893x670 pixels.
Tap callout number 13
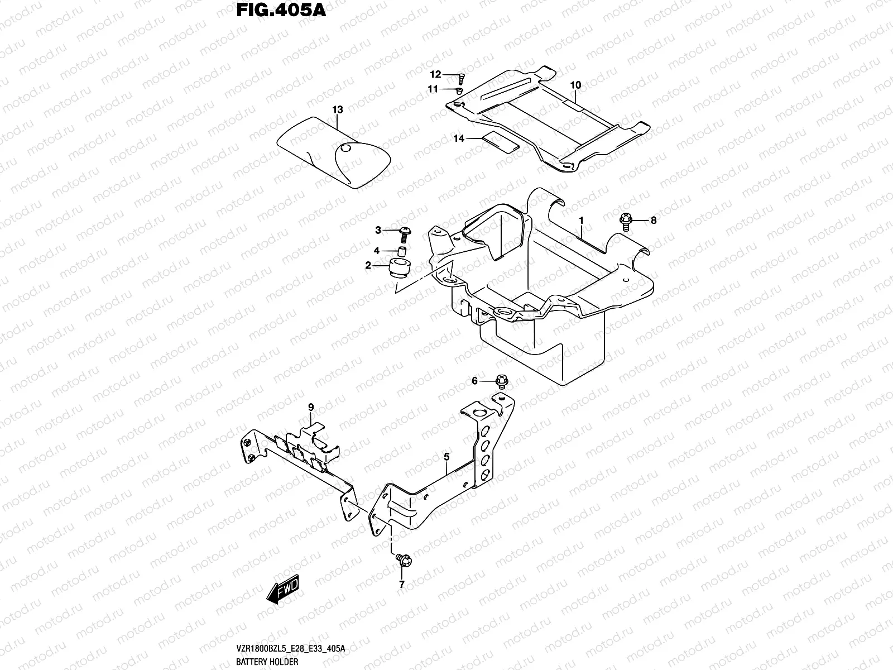pyautogui.click(x=337, y=109)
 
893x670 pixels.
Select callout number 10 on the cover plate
pyautogui.click(x=575, y=85)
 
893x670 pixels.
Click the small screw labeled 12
pyautogui.click(x=462, y=78)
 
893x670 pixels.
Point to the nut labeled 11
pyautogui.click(x=459, y=90)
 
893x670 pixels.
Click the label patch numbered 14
pyautogui.click(x=501, y=143)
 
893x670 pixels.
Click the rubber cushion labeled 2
pyautogui.click(x=399, y=268)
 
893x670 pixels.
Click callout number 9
pyautogui.click(x=311, y=407)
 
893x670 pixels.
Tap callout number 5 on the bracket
pyautogui.click(x=446, y=457)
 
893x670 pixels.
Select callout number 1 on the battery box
pyautogui.click(x=580, y=221)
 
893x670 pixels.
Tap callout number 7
pyautogui.click(x=401, y=585)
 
